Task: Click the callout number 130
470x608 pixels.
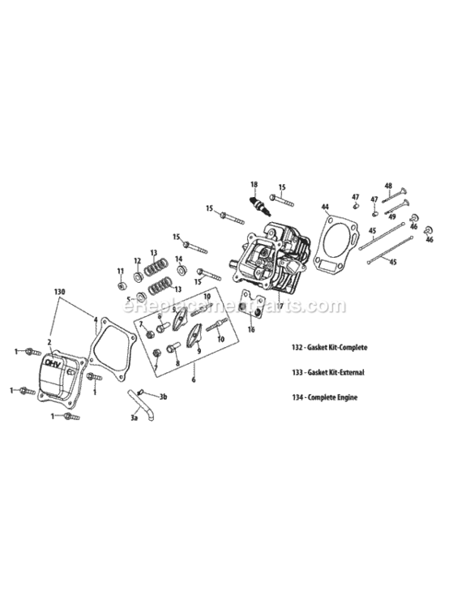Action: coord(58,290)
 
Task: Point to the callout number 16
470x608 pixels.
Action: coord(251,330)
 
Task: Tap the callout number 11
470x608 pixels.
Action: coord(120,271)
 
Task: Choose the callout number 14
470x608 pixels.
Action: coord(179,259)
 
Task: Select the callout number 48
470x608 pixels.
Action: coord(388,186)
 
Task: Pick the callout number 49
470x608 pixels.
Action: coord(391,216)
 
